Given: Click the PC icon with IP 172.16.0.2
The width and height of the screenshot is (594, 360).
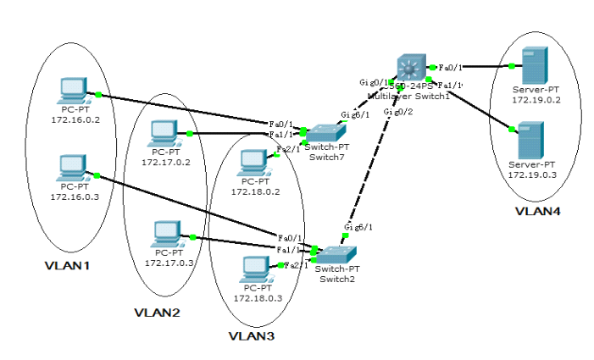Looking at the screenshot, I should coord(74,90).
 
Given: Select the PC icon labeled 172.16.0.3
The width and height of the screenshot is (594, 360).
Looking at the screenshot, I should coord(74,167).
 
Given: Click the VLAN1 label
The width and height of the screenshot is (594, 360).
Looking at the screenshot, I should coord(68,266).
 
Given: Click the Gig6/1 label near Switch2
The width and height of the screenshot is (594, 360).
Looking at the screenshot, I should coord(358,227).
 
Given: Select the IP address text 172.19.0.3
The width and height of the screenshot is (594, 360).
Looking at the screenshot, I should coord(530,174).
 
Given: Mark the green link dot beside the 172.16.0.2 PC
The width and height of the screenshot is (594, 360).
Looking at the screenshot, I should coord(99,94).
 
